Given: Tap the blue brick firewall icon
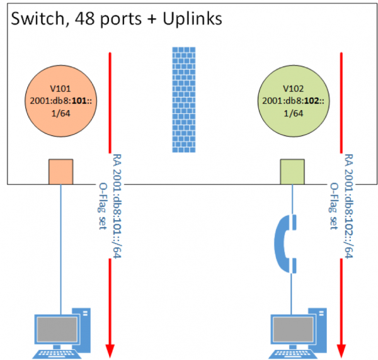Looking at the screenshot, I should tap(185, 100).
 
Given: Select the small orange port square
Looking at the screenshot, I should tap(61, 171).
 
